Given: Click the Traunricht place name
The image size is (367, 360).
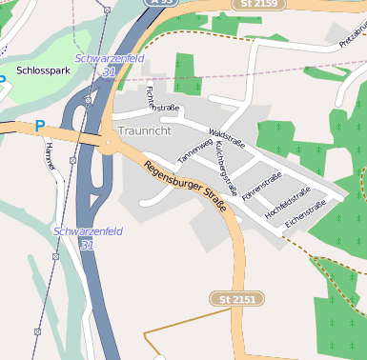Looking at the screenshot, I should point(145,129).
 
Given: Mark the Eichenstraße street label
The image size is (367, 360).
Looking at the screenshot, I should point(305,213).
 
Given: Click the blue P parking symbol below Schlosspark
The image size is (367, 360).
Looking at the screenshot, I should point(40,126).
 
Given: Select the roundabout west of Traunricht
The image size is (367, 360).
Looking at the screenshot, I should point(108,145).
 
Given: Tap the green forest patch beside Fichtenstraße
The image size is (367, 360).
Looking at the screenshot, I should point(183,73).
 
